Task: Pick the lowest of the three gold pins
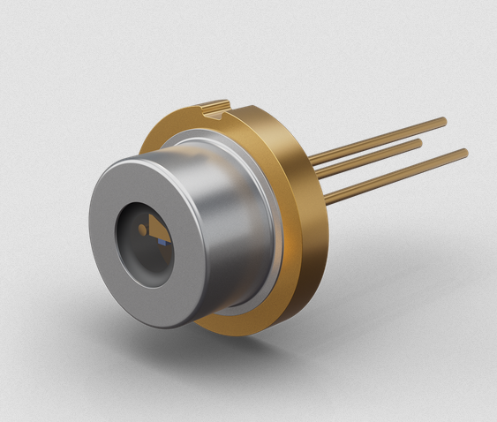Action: (397, 177)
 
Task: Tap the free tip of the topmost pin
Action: (444, 120)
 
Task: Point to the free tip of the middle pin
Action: (419, 139)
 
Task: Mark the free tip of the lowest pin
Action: (464, 153)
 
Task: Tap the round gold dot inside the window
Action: (142, 229)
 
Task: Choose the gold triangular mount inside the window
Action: (155, 225)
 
